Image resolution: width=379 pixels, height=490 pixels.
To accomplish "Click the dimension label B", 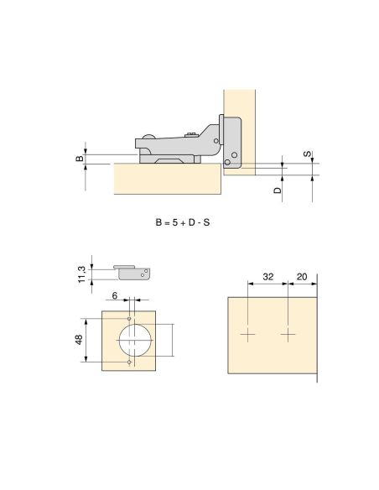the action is point(80,158).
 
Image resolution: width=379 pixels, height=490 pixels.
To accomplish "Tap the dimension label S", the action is point(308,154).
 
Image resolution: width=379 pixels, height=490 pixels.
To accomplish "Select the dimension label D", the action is point(278,190).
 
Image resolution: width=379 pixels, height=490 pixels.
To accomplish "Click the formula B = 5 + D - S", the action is point(183,222).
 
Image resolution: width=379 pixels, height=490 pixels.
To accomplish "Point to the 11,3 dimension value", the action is point(82,274).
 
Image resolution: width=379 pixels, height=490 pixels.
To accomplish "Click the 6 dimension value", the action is point(115,295).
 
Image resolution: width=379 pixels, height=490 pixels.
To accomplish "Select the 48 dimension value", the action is point(79,340).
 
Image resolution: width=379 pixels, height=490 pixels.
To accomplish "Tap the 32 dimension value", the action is point(267,277).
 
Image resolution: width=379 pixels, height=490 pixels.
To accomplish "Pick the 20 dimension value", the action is point(302,277).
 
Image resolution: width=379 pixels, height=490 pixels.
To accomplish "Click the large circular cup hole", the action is point(135,340).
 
